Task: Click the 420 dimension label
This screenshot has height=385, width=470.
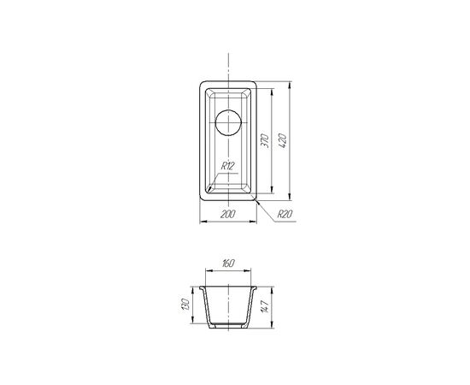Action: (283, 140)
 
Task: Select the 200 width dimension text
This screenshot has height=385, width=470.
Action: (228, 214)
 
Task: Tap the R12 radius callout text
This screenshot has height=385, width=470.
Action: (227, 166)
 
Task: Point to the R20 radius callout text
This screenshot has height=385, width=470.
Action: (285, 214)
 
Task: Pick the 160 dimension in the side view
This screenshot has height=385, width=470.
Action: (228, 264)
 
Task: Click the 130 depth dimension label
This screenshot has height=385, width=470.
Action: (186, 305)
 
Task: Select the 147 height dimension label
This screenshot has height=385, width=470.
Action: (265, 306)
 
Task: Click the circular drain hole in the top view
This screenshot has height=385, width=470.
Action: (228, 122)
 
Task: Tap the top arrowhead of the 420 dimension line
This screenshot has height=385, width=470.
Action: (289, 86)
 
